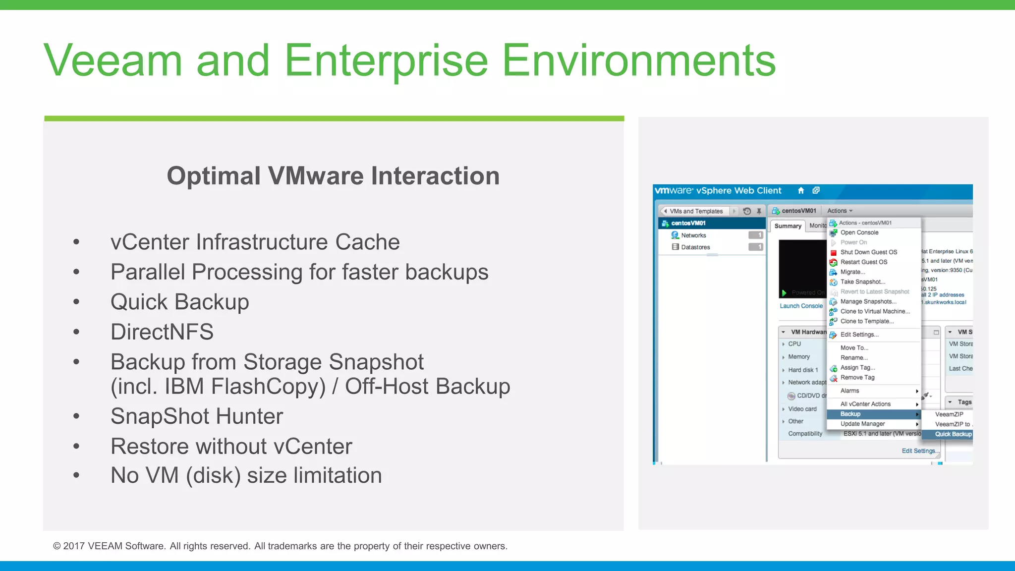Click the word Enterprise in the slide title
[386, 61]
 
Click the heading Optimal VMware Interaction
[333, 176]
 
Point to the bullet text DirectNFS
[162, 332]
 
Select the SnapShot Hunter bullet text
[197, 416]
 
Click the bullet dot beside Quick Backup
[76, 302]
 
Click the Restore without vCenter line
[231, 447]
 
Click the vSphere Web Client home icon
[801, 191]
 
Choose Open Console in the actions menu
[859, 232]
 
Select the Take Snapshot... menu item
[862, 282]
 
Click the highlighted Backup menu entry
[850, 414]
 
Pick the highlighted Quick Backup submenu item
[953, 434]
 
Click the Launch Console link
[801, 306]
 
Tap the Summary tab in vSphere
[788, 226]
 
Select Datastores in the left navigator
[695, 247]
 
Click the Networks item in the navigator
[693, 235]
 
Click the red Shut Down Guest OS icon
[834, 252]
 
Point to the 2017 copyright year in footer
[74, 546]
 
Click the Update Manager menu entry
[862, 424]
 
